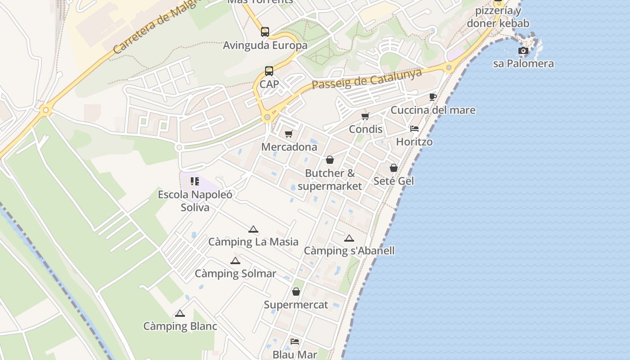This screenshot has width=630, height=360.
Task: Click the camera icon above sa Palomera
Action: pyautogui.click(x=523, y=50)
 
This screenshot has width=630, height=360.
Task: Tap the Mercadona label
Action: pyautogui.click(x=289, y=147)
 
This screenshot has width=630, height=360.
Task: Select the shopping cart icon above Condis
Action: pyautogui.click(x=365, y=116)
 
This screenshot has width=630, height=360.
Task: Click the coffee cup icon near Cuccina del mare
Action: pyautogui.click(x=433, y=97)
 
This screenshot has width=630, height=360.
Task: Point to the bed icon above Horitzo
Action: pyautogui.click(x=414, y=129)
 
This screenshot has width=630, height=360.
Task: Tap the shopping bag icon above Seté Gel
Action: pyautogui.click(x=394, y=168)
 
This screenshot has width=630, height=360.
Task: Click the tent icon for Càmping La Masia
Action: pyautogui.click(x=253, y=229)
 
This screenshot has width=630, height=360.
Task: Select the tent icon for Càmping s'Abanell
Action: pyautogui.click(x=349, y=238)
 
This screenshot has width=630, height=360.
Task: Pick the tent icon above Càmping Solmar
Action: pyautogui.click(x=235, y=261)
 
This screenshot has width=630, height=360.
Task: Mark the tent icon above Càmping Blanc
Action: pyautogui.click(x=180, y=313)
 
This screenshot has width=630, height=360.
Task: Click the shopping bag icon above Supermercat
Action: pyautogui.click(x=296, y=292)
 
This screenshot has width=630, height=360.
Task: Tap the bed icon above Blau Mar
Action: pyautogui.click(x=295, y=341)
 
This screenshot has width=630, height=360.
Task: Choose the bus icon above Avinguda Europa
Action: pyautogui.click(x=265, y=32)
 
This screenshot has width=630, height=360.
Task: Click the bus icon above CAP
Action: pyautogui.click(x=269, y=71)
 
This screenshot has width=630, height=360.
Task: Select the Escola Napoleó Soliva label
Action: pyautogui.click(x=195, y=201)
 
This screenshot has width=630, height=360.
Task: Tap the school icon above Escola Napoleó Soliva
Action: pyautogui.click(x=195, y=181)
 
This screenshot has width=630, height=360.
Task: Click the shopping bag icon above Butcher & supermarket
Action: pyautogui.click(x=330, y=160)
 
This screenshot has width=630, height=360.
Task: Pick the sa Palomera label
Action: pyautogui.click(x=523, y=63)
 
